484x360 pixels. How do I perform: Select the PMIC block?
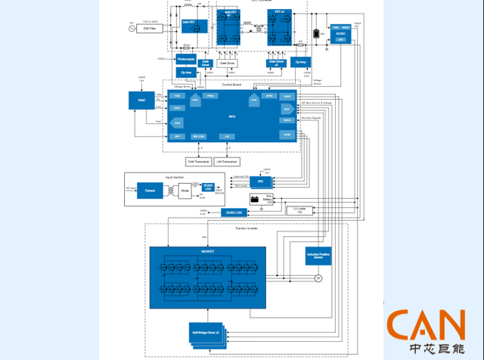pos(141,100)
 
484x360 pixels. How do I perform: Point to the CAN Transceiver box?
pos(199,161)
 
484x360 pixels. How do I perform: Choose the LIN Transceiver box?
pos(226,161)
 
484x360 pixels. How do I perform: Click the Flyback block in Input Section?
pos(150,191)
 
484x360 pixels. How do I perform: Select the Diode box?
pos(185,191)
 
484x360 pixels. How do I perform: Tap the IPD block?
pos(260,182)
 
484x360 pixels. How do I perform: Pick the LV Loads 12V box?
pos(299,209)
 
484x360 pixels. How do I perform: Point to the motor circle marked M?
pos(318,278)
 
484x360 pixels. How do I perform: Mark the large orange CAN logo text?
pos(426,323)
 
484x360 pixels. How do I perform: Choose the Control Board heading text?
pos(232,85)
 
